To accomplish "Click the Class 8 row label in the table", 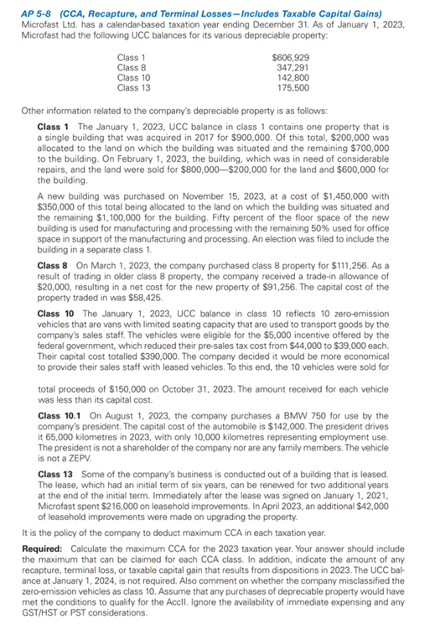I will click(132, 66).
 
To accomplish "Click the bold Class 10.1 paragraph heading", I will click(60, 414).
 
